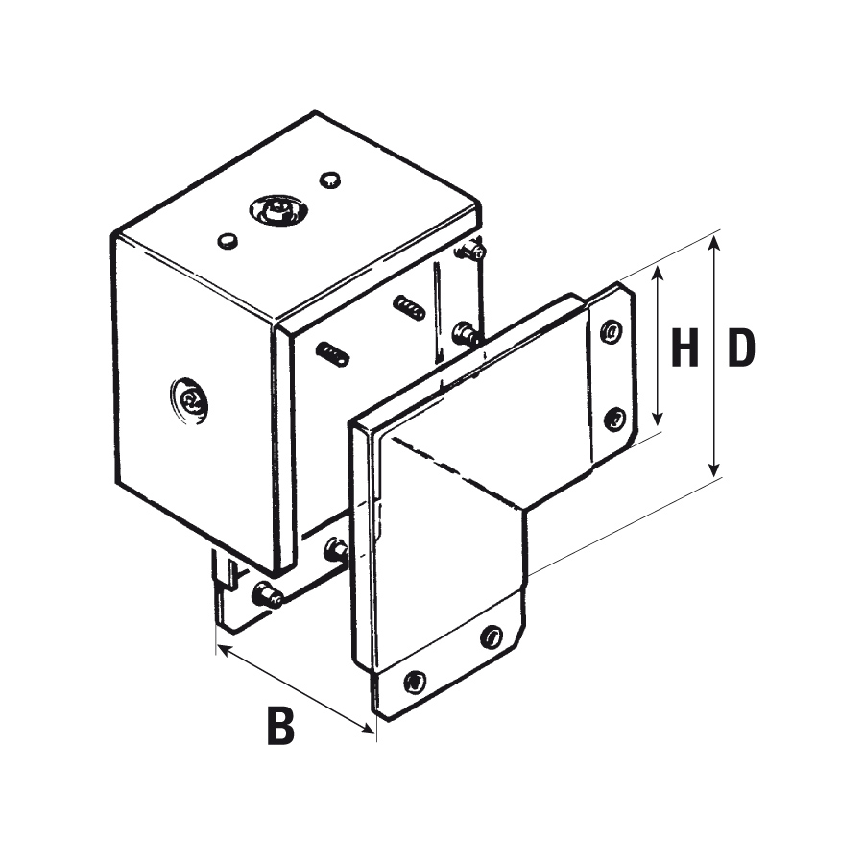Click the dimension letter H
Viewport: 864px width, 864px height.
pyautogui.click(x=684, y=348)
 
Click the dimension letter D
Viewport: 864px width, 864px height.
pyautogui.click(x=741, y=348)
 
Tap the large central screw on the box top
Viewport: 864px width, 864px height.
pyautogui.click(x=277, y=209)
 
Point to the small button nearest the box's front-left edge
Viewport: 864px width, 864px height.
pyautogui.click(x=227, y=240)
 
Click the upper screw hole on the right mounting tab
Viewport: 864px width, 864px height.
pyautogui.click(x=612, y=332)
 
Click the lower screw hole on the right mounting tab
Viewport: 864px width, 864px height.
pyautogui.click(x=614, y=419)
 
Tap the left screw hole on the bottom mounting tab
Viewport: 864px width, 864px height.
pyautogui.click(x=415, y=683)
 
